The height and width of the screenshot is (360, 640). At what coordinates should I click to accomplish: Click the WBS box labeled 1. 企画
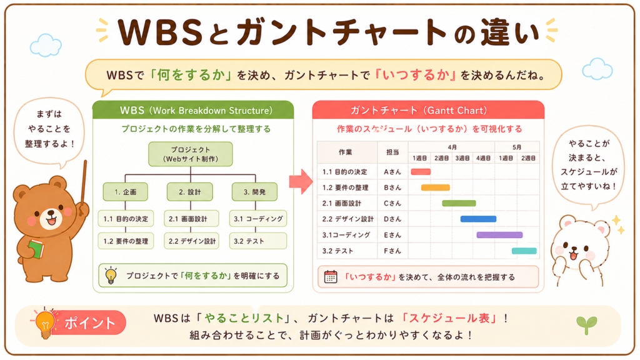pyautogui.click(x=125, y=192)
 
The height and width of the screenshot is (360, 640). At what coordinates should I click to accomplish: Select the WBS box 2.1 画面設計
pyautogui.click(x=191, y=219)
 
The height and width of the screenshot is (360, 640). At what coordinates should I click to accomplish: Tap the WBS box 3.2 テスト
pyautogui.click(x=258, y=241)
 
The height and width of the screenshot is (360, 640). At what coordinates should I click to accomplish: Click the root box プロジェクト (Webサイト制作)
pyautogui.click(x=191, y=154)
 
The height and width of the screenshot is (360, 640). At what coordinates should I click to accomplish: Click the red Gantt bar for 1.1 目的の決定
pyautogui.click(x=421, y=172)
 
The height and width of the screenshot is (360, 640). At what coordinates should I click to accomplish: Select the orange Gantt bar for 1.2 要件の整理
pyautogui.click(x=436, y=187)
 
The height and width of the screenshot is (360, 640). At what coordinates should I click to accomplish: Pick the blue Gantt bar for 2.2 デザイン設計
pyautogui.click(x=478, y=219)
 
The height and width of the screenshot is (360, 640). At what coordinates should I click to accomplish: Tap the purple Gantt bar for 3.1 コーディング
pyautogui.click(x=499, y=235)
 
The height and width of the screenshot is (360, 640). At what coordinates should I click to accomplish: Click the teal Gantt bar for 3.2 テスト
pyautogui.click(x=524, y=251)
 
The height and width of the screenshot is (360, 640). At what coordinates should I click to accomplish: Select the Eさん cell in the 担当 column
pyautogui.click(x=392, y=235)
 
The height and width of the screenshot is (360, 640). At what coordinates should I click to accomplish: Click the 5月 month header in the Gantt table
pyautogui.click(x=517, y=147)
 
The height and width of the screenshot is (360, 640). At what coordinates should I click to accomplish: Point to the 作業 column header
pyautogui.click(x=345, y=152)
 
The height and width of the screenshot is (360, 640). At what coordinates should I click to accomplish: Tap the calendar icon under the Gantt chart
pyautogui.click(x=331, y=277)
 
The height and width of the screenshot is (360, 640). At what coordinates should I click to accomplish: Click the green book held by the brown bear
pyautogui.click(x=36, y=249)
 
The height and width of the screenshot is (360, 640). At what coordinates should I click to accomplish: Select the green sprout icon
pyautogui.click(x=586, y=325)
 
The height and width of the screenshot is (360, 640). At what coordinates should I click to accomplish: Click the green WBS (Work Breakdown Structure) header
pyautogui.click(x=193, y=110)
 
